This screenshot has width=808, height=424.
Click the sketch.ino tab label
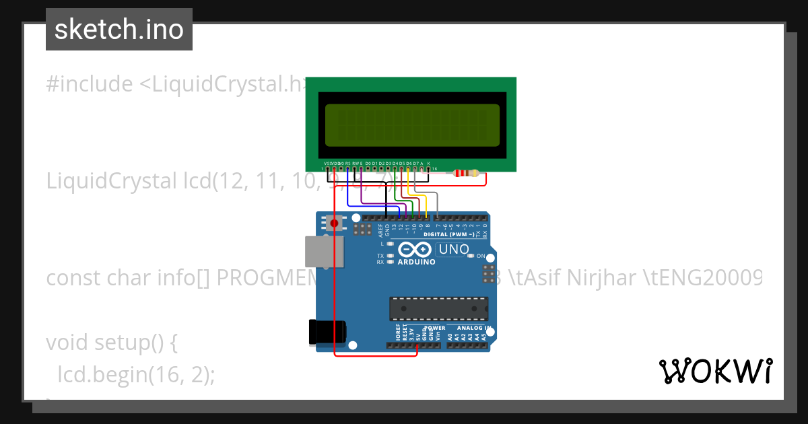[x=119, y=30]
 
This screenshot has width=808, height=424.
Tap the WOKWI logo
[x=715, y=371]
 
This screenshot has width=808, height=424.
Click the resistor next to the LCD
[x=467, y=173]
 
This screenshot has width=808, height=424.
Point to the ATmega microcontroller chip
[x=438, y=308]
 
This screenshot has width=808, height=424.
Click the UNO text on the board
[x=453, y=250]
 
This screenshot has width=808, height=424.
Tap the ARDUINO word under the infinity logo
[x=416, y=262]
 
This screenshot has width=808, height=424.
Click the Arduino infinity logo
[x=416, y=248]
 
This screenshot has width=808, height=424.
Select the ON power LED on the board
[x=471, y=256]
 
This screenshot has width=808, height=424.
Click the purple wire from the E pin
[x=362, y=192]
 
